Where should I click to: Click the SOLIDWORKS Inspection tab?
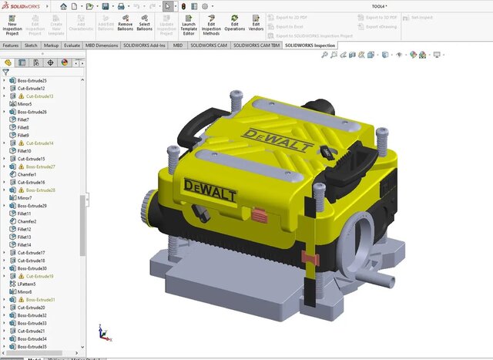coord(310,45)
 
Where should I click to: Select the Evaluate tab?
coord(72,45)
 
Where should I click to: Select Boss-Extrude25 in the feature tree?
coord(32,81)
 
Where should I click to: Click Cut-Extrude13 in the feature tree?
coord(40,96)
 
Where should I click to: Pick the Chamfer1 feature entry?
coord(27,174)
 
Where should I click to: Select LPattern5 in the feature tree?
coord(27,284)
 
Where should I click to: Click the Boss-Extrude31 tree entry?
coord(40,300)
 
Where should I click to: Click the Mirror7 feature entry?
coord(25,198)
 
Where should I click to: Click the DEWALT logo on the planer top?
coord(277,141)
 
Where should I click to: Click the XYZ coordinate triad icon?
coord(102,332)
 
